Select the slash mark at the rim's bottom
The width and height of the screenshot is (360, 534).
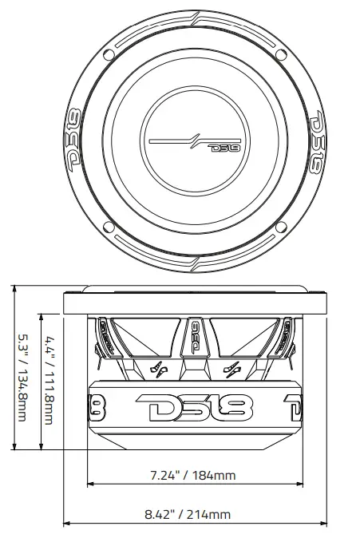click(196, 264)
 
